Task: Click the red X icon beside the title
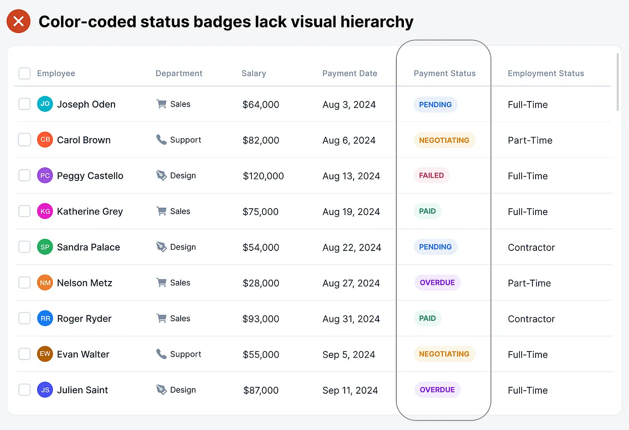point(18,21)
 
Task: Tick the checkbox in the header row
point(24,73)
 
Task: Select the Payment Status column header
point(444,73)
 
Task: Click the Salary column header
point(254,73)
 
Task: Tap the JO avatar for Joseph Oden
point(45,104)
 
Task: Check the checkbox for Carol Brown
point(24,140)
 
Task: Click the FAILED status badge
point(431,176)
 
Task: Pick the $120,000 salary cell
point(263,176)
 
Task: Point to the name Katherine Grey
point(90,211)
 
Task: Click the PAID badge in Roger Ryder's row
point(427,318)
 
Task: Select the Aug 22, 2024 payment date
point(352,247)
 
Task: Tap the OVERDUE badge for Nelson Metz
point(437,283)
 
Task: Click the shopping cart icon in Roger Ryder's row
point(161,318)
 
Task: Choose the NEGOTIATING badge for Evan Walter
point(444,354)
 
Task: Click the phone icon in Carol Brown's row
point(161,140)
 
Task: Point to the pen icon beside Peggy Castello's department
point(161,176)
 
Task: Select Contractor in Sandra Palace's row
point(531,247)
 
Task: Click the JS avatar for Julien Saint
point(45,390)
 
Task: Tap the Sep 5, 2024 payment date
point(349,355)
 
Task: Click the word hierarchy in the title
point(377,22)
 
